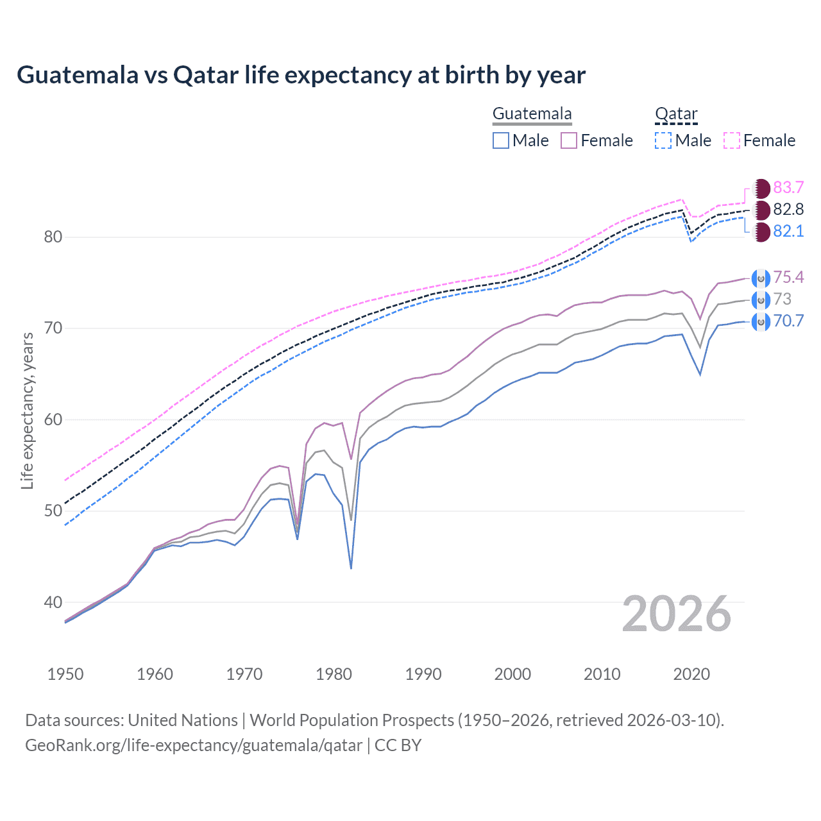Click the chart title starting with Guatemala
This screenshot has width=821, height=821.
coord(301,75)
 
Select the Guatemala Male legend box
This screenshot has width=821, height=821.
coord(501,140)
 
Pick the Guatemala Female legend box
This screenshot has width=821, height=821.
coord(569,140)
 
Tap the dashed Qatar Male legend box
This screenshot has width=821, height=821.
coord(663,140)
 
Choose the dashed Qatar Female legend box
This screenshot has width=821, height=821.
coord(732,140)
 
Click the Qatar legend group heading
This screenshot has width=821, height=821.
coord(676,114)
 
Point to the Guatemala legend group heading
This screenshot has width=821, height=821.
coord(532,114)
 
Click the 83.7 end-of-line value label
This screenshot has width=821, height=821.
coord(788,188)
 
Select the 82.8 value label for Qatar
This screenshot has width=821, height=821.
coord(788,210)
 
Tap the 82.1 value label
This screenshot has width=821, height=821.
coord(788,232)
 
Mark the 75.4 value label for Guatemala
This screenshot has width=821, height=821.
coord(788,277)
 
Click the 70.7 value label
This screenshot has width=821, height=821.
coord(788,321)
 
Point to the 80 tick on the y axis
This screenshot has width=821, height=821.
coord(53,237)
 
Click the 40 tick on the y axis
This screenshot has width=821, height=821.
coord(53,602)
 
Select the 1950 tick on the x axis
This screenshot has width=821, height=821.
coord(65,674)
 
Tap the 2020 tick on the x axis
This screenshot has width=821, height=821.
coord(691,674)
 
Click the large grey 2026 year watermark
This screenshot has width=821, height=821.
coord(677,614)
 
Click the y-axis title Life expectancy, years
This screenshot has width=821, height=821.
coord(28,410)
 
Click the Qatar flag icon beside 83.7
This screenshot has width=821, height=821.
coord(761,189)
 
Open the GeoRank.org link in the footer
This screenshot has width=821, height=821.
coord(194,745)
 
